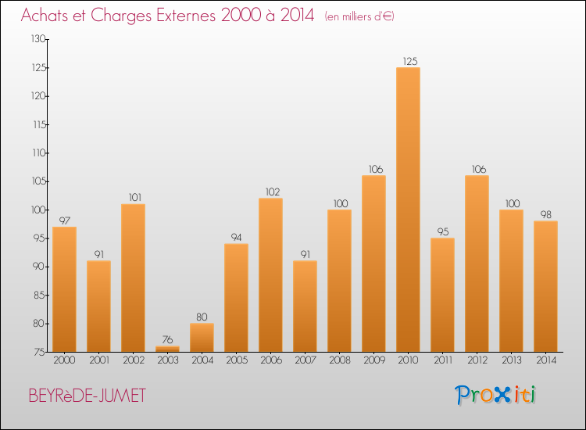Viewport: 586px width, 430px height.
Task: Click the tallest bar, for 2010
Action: pos(408,210)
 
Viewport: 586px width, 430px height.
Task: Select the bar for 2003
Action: pos(167,349)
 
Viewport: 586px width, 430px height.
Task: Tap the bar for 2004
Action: pos(202,338)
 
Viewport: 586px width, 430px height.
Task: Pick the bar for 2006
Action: pos(270,275)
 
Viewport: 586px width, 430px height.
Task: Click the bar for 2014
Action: pos(545,286)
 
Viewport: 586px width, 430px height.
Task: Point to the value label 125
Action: pos(408,61)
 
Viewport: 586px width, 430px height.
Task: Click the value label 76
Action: pos(167,340)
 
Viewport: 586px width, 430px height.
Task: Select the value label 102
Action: pos(270,192)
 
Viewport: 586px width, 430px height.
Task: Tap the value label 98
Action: pos(545,214)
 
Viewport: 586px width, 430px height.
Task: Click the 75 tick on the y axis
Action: pos(38,352)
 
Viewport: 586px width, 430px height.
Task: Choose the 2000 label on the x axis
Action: pos(64,360)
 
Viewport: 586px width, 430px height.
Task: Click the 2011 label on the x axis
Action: pos(442,360)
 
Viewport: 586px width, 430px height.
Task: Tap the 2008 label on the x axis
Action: pos(339,360)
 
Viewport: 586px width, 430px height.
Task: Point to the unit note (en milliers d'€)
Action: pos(359,16)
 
